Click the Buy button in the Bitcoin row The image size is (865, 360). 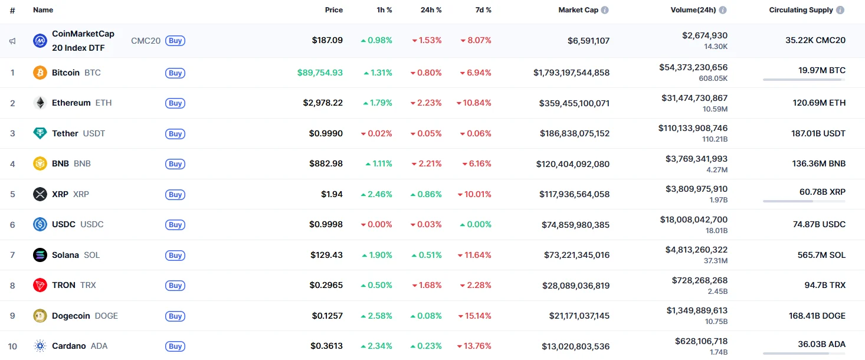click(x=175, y=73)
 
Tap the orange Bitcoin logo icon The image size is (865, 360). click(x=40, y=73)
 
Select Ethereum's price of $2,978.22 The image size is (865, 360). click(x=323, y=103)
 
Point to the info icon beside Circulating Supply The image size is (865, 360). click(x=840, y=10)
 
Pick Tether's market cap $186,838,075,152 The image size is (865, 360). click(x=575, y=133)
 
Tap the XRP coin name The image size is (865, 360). click(x=60, y=194)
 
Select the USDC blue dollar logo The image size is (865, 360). click(x=40, y=224)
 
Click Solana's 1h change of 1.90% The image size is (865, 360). click(x=378, y=255)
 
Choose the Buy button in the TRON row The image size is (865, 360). click(x=175, y=286)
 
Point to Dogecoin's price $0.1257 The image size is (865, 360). click(x=327, y=316)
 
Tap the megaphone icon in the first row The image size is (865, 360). click(x=12, y=41)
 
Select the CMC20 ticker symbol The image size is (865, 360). click(x=146, y=41)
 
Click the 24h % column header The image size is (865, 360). click(x=431, y=10)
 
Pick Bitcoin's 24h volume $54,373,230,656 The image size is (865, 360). click(x=693, y=68)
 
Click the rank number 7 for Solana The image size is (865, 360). click(x=12, y=255)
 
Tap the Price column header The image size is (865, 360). click(x=333, y=10)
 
